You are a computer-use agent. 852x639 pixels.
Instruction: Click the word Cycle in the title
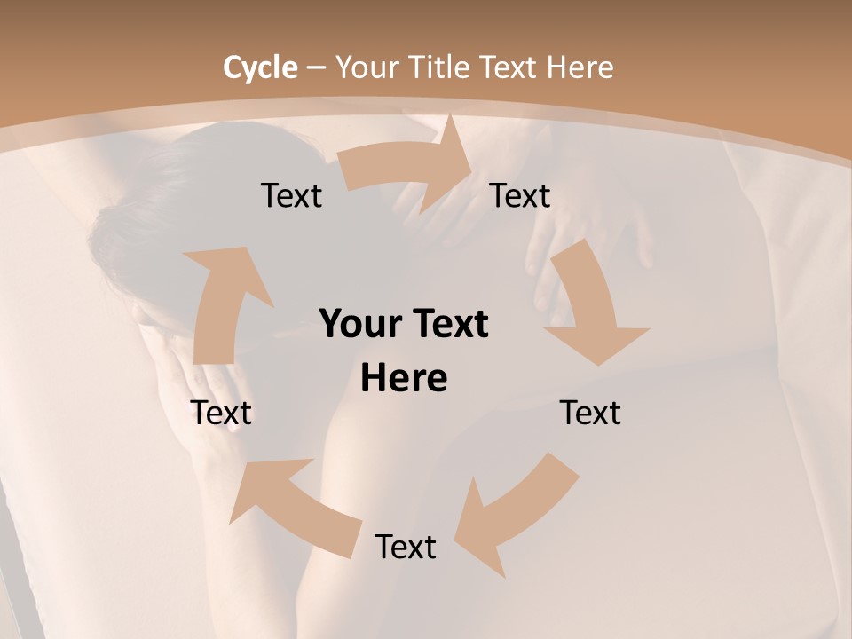point(259,67)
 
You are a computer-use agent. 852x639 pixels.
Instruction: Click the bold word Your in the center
point(358,325)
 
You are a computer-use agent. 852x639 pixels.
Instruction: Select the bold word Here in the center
point(404,379)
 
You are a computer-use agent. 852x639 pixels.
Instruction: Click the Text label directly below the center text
point(406,547)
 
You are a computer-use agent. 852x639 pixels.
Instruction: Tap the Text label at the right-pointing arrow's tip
point(520,195)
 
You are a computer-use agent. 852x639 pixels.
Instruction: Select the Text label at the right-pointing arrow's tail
point(291,195)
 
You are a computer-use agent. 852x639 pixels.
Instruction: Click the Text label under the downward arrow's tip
point(590,413)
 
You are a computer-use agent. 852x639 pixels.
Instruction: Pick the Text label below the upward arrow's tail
point(222,413)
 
